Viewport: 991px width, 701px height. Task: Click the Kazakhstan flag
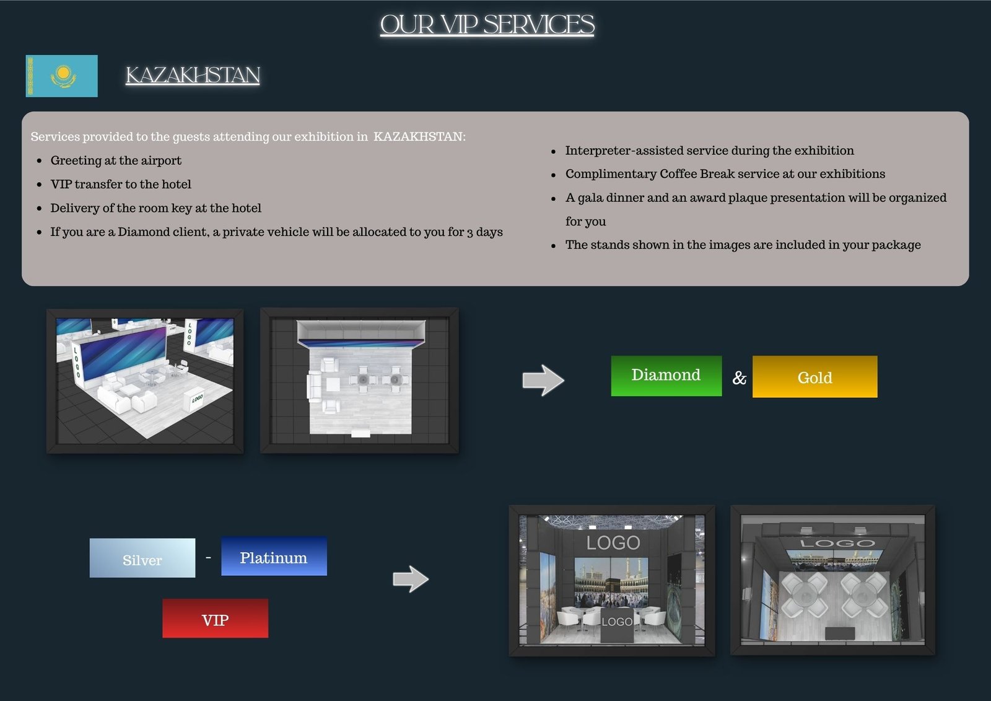[x=61, y=76]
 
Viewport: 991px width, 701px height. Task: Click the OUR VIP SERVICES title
[x=487, y=24]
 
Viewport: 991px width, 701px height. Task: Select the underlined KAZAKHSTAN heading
[x=193, y=75]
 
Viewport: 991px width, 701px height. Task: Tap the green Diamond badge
[x=666, y=376]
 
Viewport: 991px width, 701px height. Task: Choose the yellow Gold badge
[x=815, y=376]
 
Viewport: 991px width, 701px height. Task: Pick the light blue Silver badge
[x=142, y=558]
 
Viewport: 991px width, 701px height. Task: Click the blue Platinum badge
[x=274, y=556]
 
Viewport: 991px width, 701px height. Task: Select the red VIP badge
[x=215, y=618]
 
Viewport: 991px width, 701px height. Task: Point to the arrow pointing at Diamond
[x=543, y=381]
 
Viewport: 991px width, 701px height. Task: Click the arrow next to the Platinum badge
[x=411, y=579]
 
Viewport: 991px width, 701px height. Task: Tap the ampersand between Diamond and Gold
[x=739, y=377]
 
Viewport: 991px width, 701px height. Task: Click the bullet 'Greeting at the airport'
[x=116, y=161]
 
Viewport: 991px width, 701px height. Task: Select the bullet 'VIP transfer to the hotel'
[x=121, y=184]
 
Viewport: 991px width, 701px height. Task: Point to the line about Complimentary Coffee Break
[x=725, y=174]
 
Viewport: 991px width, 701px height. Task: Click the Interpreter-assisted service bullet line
[x=710, y=151]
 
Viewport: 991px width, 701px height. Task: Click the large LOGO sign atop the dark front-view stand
[x=613, y=542]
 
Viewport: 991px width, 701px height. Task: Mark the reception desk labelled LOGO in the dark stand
[x=617, y=625]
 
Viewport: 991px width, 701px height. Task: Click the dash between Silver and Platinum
[x=208, y=558]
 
